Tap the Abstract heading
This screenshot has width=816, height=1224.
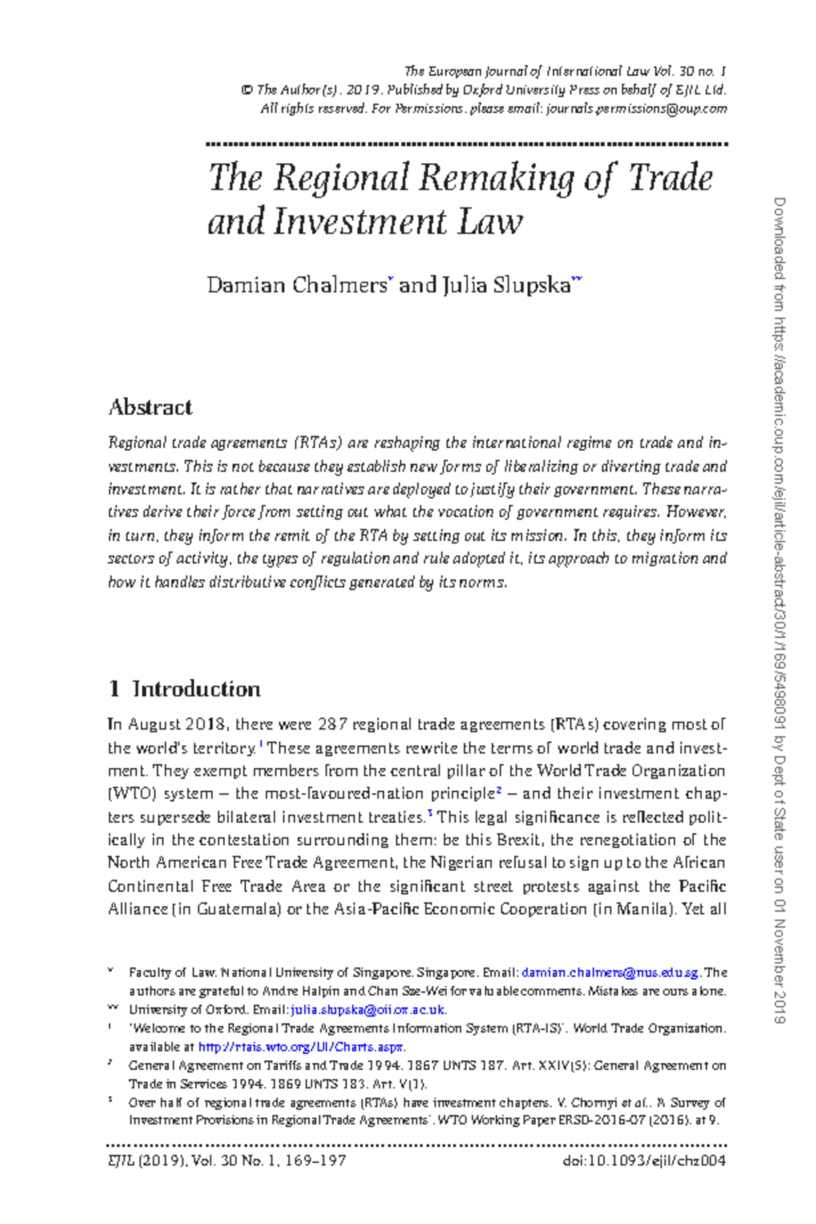[x=150, y=407]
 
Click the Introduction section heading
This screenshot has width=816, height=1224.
[x=196, y=689]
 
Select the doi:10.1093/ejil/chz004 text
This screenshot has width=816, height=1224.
[x=645, y=1161]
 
